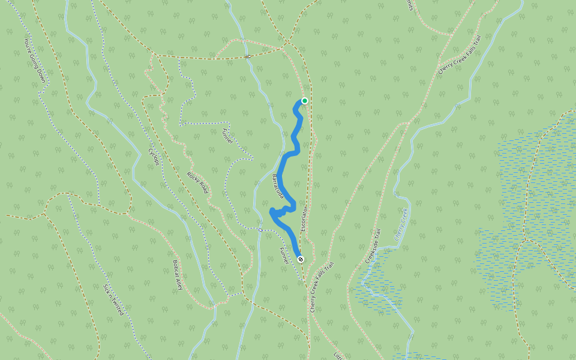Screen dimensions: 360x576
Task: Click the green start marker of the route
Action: [305, 101]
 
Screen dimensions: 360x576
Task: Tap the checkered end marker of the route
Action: [301, 259]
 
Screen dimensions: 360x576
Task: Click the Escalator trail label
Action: [304, 221]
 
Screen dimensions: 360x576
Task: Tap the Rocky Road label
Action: [197, 182]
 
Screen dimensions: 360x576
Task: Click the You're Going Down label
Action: [34, 61]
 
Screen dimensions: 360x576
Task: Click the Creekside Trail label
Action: [373, 246]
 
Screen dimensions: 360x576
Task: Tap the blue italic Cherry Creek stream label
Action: [401, 224]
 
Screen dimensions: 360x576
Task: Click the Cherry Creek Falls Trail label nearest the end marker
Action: [322, 286]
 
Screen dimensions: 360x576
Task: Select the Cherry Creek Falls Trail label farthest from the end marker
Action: [460, 54]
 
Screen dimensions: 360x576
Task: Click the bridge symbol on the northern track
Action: [247, 57]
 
